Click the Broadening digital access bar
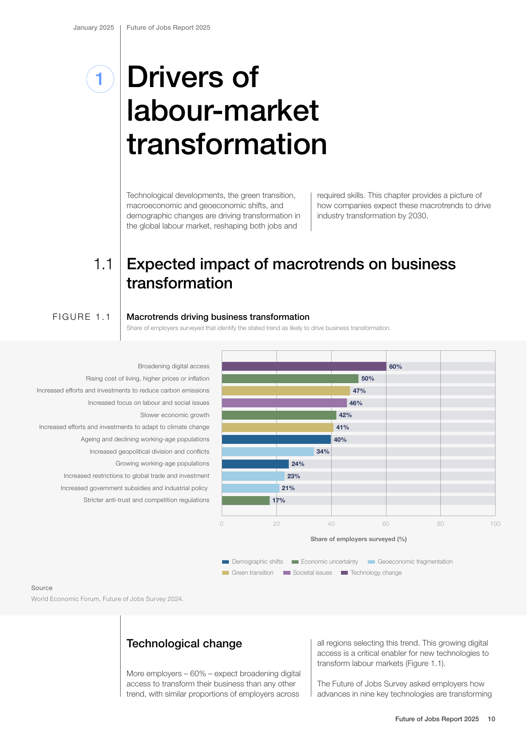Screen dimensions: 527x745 tap(304, 367)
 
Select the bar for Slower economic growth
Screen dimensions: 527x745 tap(279, 415)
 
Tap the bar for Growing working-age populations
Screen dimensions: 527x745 tap(255, 464)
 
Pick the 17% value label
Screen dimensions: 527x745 tap(279, 500)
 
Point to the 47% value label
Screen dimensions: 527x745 tap(359, 391)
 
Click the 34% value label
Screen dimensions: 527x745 tap(323, 452)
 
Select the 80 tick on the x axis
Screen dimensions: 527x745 tap(440, 524)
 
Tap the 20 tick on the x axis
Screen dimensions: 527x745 tap(276, 524)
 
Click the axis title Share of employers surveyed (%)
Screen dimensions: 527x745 tap(358, 539)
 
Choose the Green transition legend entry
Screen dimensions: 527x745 tap(248, 573)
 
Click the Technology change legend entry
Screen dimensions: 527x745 tap(372, 573)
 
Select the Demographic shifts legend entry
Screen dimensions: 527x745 tap(253, 562)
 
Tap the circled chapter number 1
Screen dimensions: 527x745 tap(100, 79)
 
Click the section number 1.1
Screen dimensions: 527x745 tap(103, 264)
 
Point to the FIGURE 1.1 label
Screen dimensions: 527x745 tap(82, 317)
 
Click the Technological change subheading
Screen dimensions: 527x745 tap(184, 643)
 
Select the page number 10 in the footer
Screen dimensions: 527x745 tap(491, 719)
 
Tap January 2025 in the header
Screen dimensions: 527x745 tap(93, 28)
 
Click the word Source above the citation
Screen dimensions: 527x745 tap(42, 588)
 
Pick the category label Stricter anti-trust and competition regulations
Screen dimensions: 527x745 tap(147, 500)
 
